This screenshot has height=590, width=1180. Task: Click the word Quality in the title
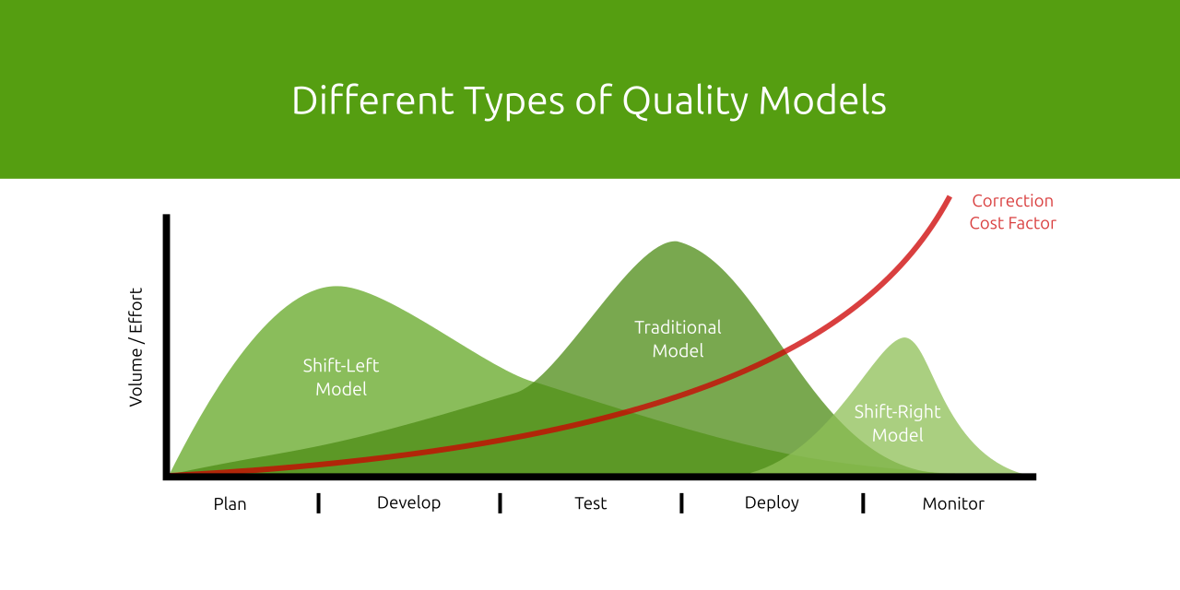[x=685, y=100]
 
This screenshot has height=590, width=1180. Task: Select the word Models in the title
[x=822, y=100]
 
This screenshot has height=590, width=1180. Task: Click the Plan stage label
[x=230, y=503]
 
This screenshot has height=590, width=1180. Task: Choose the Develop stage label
[x=408, y=502]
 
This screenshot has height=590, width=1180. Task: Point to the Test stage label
[x=590, y=502]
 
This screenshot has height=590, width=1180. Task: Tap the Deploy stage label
[x=772, y=502]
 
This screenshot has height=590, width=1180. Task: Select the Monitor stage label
[x=953, y=503]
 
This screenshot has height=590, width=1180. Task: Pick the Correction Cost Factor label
[x=1012, y=212]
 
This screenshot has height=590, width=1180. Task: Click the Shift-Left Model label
[x=341, y=377]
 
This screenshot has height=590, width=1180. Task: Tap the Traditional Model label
[x=678, y=338]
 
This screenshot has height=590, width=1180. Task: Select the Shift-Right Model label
[x=897, y=423]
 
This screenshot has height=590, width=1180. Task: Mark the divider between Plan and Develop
[x=318, y=502]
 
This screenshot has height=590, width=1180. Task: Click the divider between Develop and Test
[x=500, y=502]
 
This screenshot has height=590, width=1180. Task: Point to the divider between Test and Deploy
[x=681, y=502]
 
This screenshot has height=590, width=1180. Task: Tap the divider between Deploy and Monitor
[x=863, y=502]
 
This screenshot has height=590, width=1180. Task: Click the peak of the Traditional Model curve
[x=675, y=242]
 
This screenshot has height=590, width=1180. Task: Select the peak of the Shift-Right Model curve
[x=904, y=338]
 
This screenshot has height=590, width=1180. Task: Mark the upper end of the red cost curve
[x=949, y=197]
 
